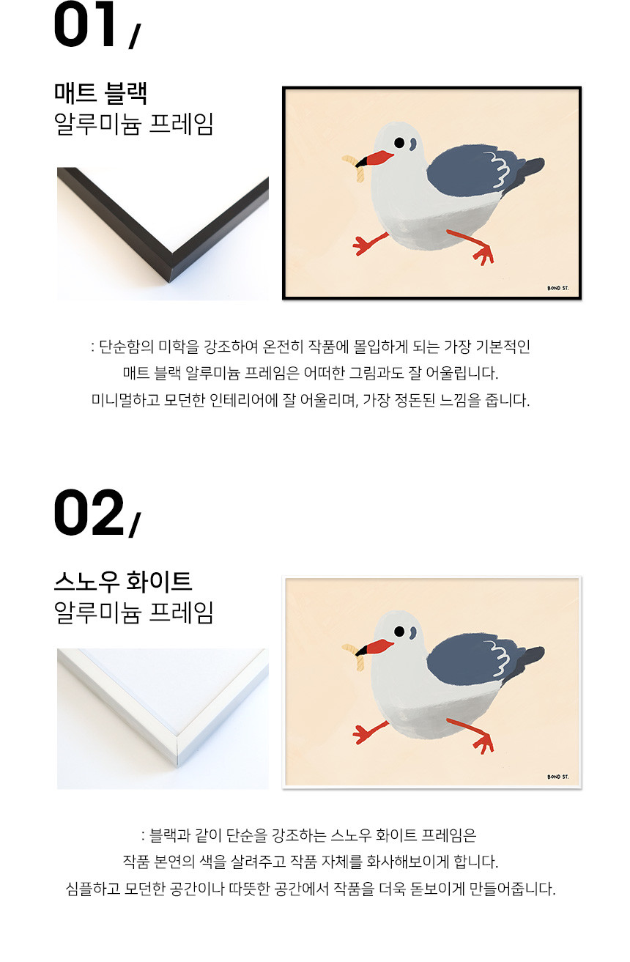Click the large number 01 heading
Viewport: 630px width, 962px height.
tap(85, 24)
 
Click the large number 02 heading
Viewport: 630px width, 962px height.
tap(89, 512)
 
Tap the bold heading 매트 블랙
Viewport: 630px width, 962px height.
tap(101, 93)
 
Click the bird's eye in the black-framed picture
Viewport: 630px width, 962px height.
tap(399, 143)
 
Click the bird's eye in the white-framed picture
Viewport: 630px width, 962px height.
tap(399, 632)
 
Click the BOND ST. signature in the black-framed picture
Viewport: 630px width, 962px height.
tap(558, 288)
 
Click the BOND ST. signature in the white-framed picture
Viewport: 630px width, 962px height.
tap(558, 777)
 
